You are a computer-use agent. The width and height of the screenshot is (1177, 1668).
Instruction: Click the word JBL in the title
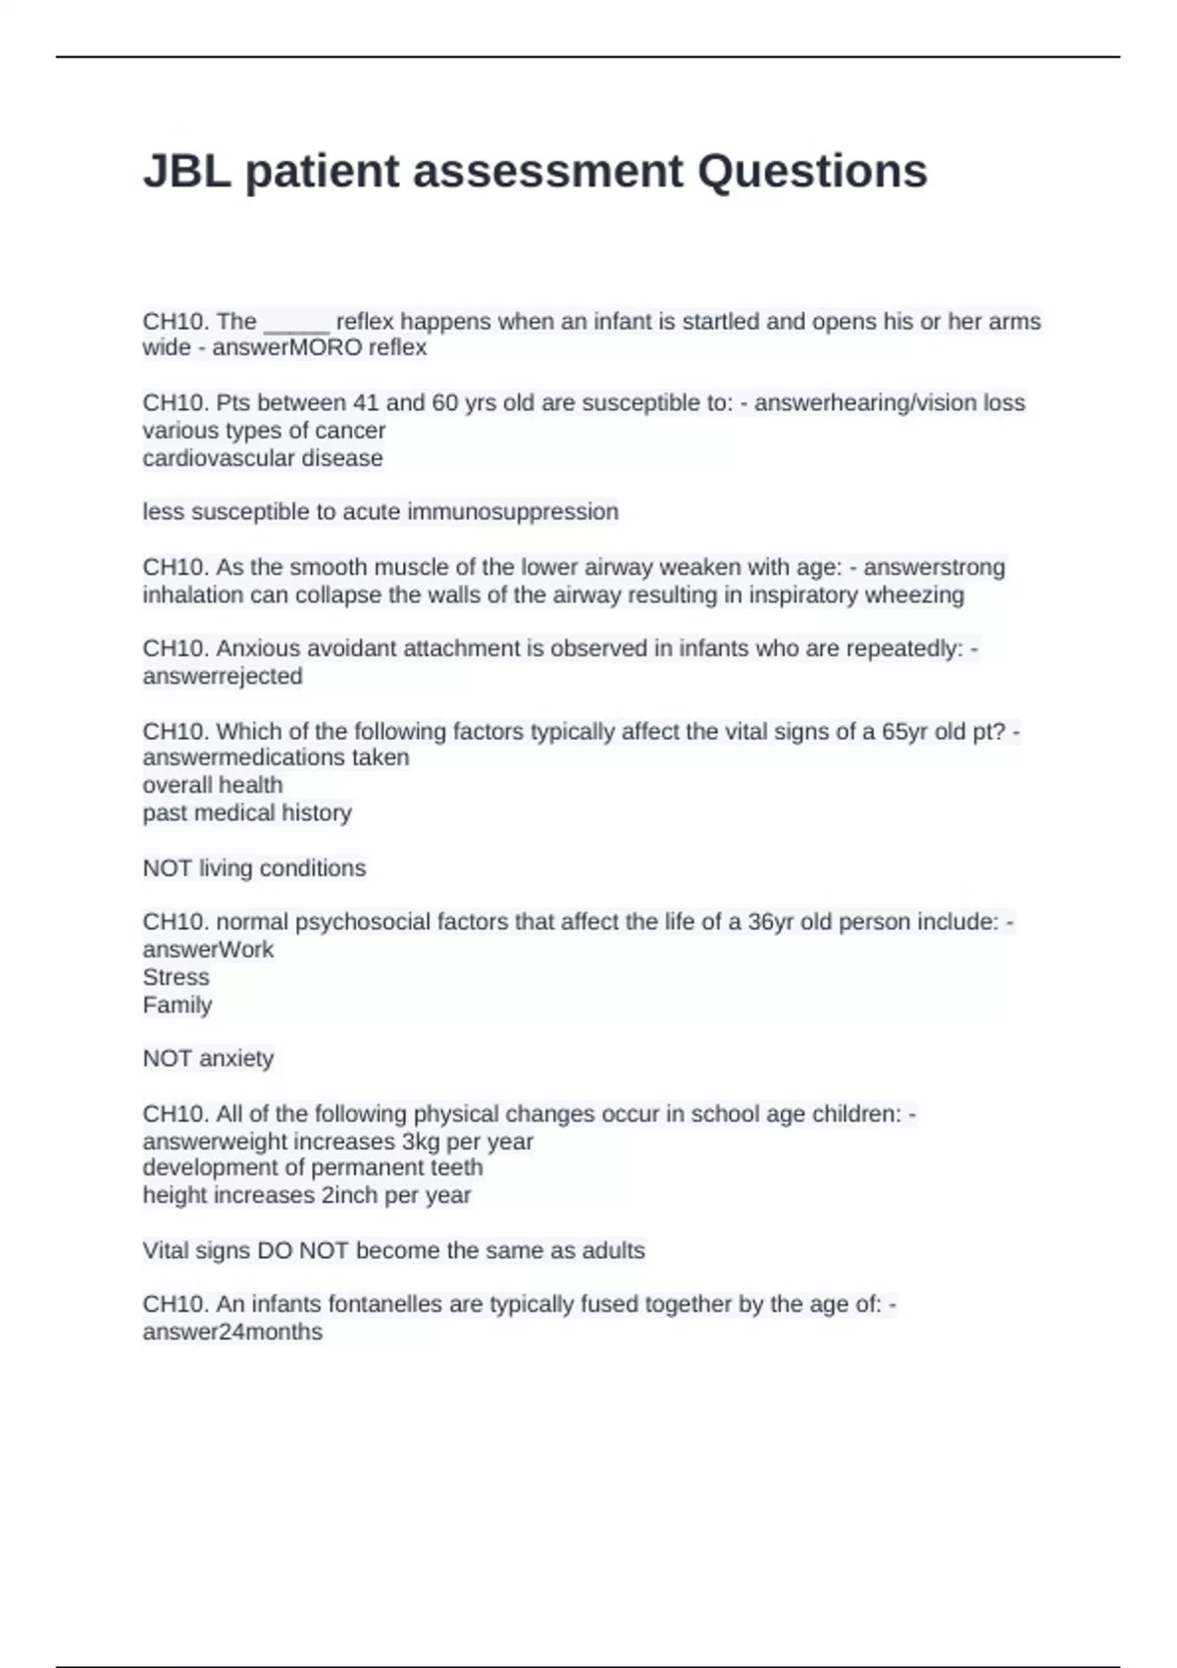click(187, 171)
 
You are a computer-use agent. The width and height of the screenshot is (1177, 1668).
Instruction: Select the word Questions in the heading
click(812, 171)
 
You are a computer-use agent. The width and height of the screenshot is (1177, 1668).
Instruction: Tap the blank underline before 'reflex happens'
click(296, 322)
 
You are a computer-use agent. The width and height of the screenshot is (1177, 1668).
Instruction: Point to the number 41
click(366, 403)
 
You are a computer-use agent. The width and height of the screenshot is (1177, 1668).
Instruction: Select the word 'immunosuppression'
click(512, 512)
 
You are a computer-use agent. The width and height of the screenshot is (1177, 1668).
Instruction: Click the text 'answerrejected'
click(223, 676)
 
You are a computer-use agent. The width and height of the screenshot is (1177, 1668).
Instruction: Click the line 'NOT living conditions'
click(254, 868)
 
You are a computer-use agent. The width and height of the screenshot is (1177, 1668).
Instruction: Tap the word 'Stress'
click(176, 977)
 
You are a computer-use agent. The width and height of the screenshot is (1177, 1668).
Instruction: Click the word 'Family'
click(177, 1005)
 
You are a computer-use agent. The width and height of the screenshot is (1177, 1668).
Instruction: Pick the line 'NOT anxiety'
click(208, 1059)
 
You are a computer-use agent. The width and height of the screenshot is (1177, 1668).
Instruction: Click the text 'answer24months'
click(232, 1332)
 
